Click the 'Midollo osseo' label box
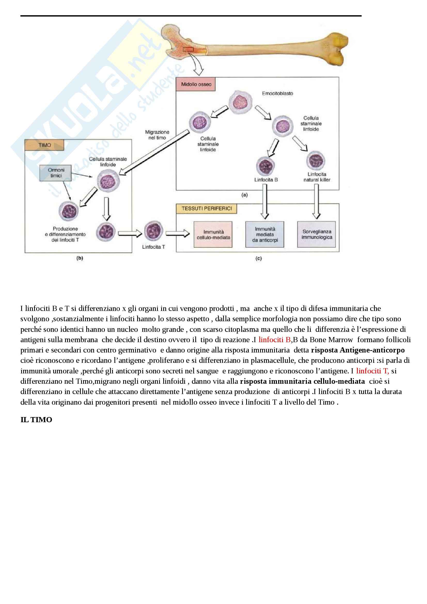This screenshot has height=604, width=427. pos(196,84)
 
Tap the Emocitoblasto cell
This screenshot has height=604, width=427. pos(240,102)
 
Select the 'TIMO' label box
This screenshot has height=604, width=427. pos(44,145)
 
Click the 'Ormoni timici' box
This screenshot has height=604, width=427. pos(56,173)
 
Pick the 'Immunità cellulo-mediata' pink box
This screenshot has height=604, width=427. pos(213,234)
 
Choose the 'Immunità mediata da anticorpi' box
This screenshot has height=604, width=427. pos(265,234)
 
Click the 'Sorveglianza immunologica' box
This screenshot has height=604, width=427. pos(316,234)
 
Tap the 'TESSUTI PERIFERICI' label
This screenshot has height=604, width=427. pos(207,209)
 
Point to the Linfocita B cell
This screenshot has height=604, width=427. pos(266,166)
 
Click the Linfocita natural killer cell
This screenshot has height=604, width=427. pos(315,160)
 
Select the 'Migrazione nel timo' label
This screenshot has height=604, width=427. pos(157,135)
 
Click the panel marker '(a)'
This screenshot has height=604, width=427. pos(244,195)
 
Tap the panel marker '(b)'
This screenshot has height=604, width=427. pos(80,258)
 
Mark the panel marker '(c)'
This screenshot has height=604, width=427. pos(258,258)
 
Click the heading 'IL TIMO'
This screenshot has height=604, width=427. pos(36,420)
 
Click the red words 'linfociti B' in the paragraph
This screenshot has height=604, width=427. pos(274,340)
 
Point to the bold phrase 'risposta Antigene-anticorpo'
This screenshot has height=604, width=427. pos(358,350)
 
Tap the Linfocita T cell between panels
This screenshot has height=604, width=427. pos(154,231)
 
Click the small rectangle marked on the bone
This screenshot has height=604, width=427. pos(188,49)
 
